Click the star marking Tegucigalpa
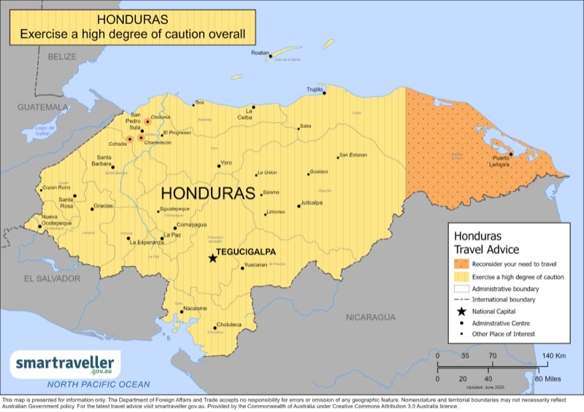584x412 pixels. (212, 258)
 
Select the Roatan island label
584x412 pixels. (260, 53)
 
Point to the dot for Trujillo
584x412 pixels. (325, 93)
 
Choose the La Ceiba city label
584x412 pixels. (245, 115)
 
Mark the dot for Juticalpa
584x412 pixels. (299, 206)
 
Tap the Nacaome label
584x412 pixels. (195, 308)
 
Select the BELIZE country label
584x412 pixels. (62, 56)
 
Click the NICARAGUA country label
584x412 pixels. (370, 317)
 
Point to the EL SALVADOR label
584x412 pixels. (51, 279)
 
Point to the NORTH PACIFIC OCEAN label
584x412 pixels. (99, 384)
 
